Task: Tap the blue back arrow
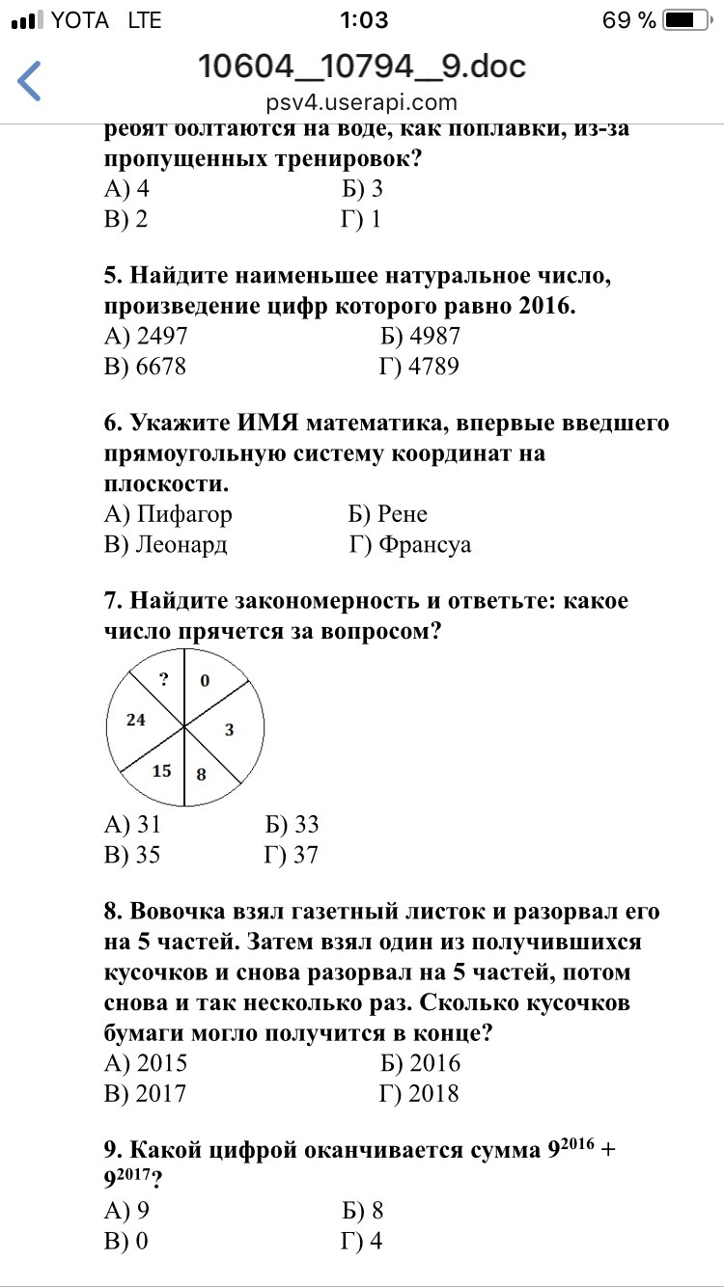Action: (x=30, y=81)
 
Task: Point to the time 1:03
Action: (x=363, y=20)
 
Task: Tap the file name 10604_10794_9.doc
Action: (x=362, y=67)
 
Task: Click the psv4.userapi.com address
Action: (x=362, y=102)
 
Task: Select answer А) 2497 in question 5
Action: (x=146, y=336)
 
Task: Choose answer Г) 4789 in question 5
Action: (x=419, y=367)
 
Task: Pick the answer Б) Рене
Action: (x=388, y=514)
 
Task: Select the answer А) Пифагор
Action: (x=168, y=514)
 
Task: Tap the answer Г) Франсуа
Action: (x=410, y=545)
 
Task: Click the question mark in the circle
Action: (x=164, y=679)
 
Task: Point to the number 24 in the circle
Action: (x=135, y=719)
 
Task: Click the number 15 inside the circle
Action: (x=161, y=770)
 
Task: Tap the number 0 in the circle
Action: (x=205, y=681)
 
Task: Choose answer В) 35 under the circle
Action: (x=132, y=855)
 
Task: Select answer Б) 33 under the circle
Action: (x=292, y=825)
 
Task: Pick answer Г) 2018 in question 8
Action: (x=420, y=1093)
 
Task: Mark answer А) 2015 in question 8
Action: (x=146, y=1063)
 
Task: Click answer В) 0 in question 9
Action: (x=125, y=1241)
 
